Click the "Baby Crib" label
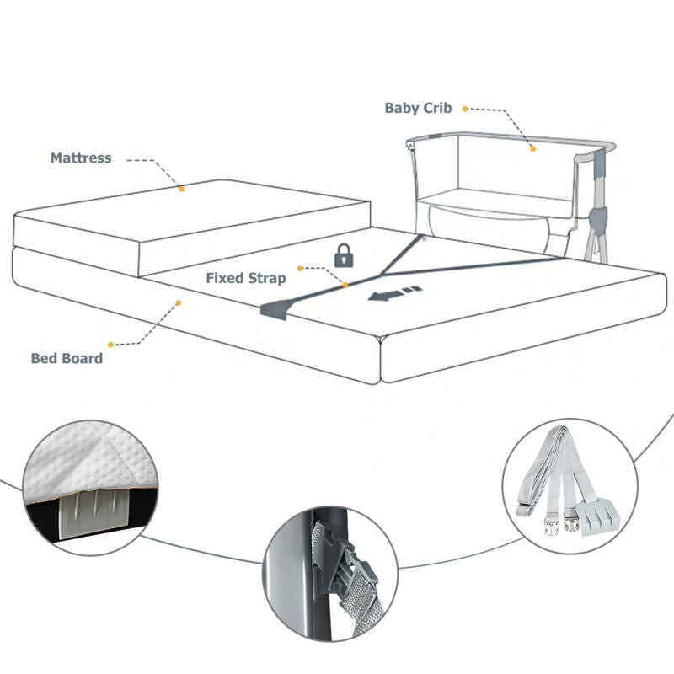click(419, 108)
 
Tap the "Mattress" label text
click(81, 158)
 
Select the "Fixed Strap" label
click(246, 278)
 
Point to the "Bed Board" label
click(67, 358)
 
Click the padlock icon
click(343, 254)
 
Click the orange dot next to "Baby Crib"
click(465, 108)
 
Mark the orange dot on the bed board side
click(178, 301)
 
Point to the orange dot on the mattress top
click(180, 190)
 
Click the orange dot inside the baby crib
click(532, 149)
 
